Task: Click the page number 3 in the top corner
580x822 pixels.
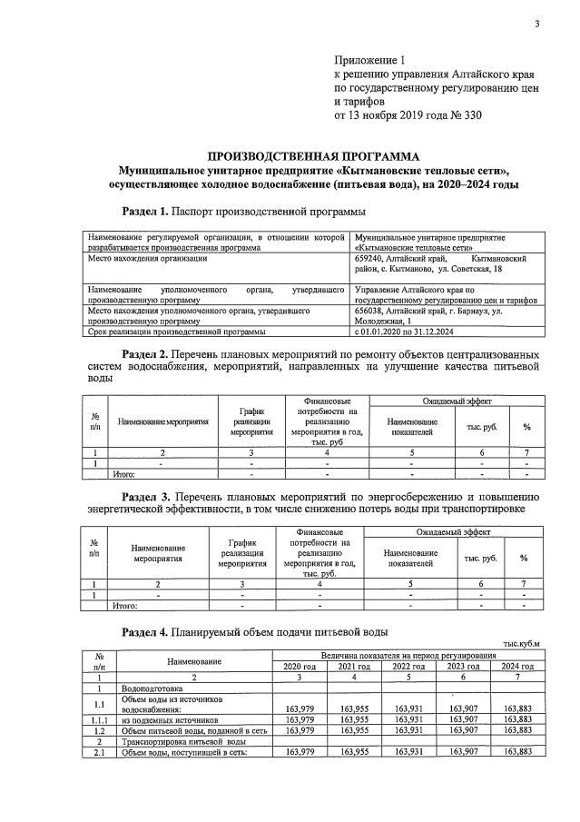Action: point(536,24)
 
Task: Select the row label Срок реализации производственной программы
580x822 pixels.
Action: point(175,332)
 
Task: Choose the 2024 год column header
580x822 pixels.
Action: point(516,667)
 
